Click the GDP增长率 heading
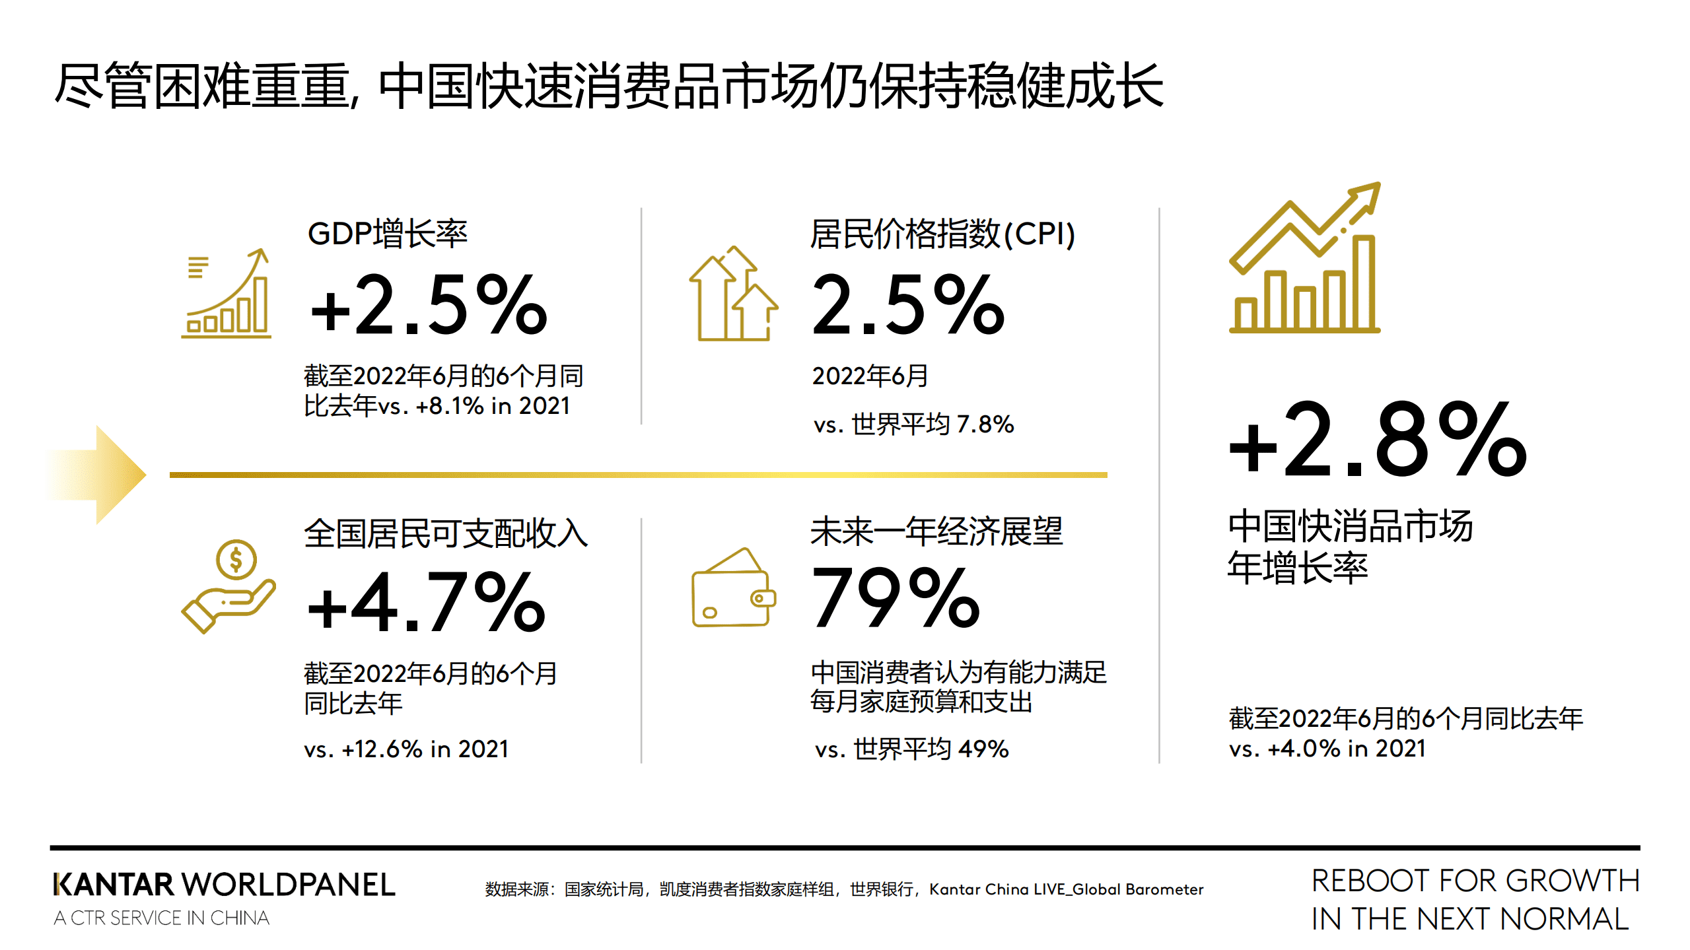[x=388, y=234]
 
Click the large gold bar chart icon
[x=1305, y=258]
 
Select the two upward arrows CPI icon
[x=733, y=294]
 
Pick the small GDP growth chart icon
[x=227, y=294]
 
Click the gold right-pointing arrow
[x=99, y=475]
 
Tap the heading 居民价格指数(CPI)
[x=942, y=234]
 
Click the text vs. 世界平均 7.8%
[x=913, y=424]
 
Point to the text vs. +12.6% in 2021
[x=406, y=749]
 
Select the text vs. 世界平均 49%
[x=912, y=749]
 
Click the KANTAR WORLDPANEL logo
[x=225, y=885]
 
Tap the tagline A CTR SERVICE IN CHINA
[x=162, y=918]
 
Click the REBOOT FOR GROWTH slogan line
[x=1475, y=881]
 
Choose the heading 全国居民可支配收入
[x=446, y=533]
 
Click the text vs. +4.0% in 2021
[x=1327, y=749]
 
